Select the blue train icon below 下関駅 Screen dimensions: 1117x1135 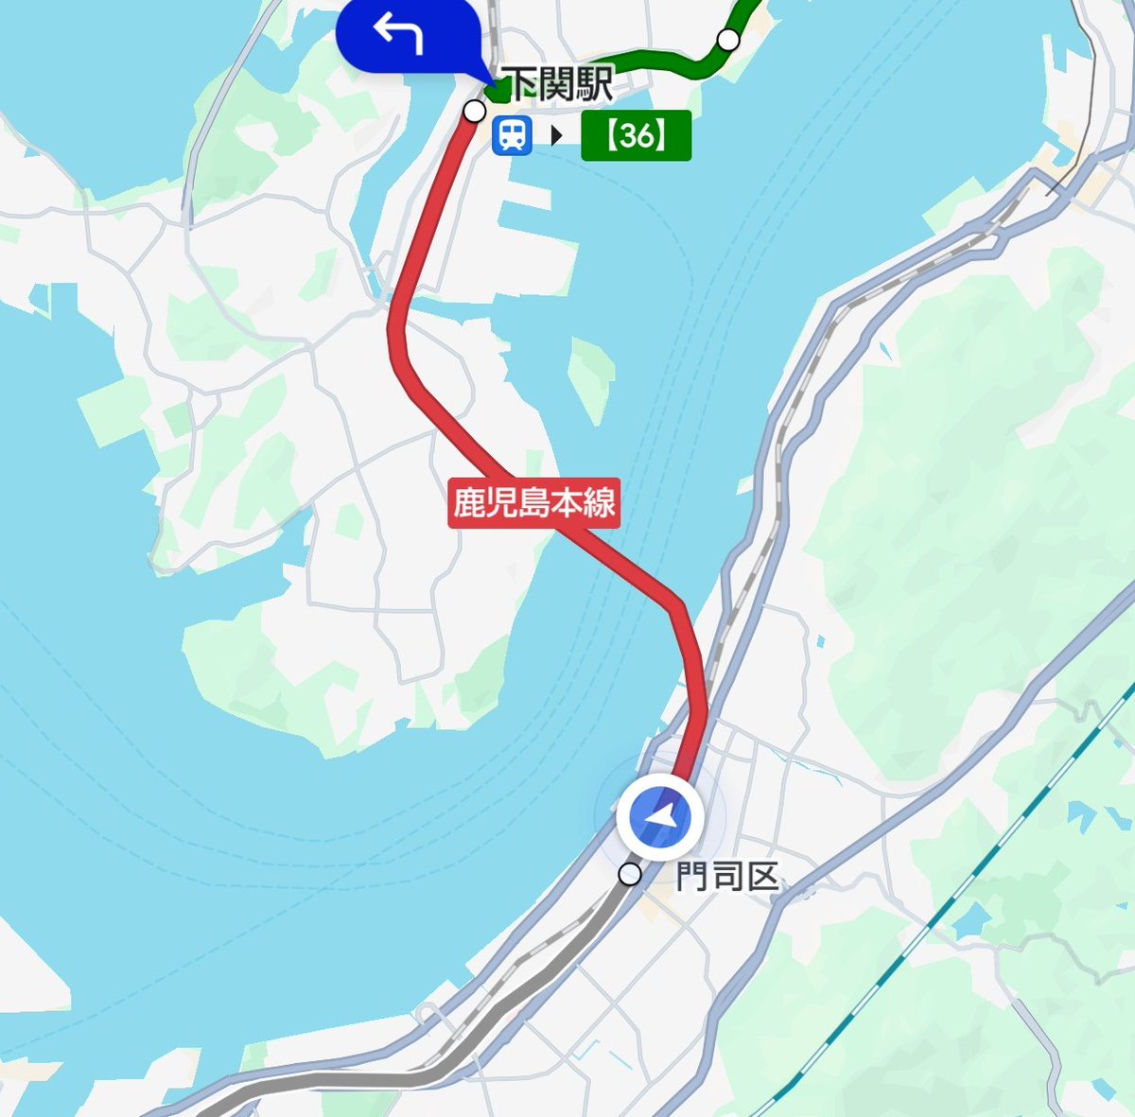(512, 135)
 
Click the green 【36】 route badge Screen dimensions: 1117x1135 (636, 135)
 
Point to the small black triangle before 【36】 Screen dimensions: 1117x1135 (556, 135)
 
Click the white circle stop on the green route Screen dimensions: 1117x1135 (727, 40)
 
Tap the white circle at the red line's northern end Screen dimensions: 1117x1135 (474, 112)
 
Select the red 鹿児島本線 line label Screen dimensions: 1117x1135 (534, 502)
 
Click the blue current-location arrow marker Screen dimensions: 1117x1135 (661, 816)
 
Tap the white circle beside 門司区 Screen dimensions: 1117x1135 (629, 874)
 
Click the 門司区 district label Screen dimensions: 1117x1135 (726, 877)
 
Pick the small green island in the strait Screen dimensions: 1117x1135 (592, 378)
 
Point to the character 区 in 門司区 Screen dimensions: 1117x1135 (761, 877)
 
